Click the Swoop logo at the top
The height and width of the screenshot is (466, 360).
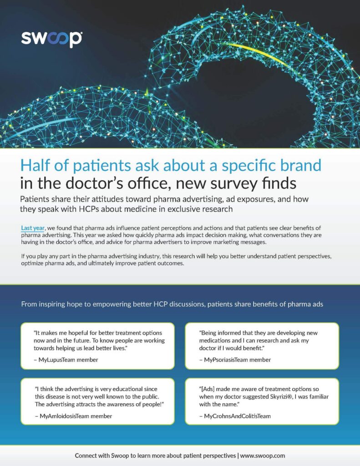pos(52,39)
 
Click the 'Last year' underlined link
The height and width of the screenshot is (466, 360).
pos(33,228)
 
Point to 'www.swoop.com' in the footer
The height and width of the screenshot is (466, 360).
pos(263,456)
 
